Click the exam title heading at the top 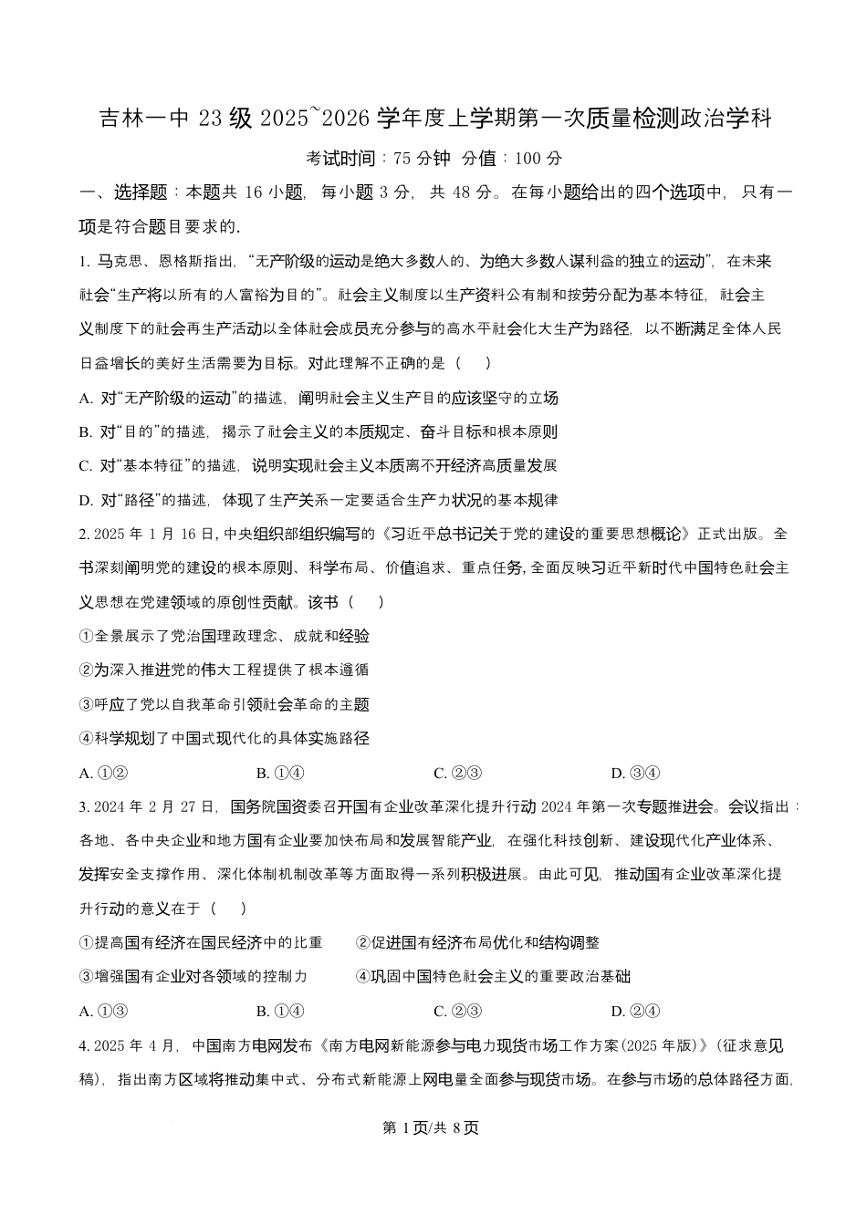434,119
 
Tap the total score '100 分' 538,159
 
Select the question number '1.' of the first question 85,262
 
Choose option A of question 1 319,398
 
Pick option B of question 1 319,432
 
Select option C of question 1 318,466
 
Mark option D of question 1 319,500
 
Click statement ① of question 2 225,636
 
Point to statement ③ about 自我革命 225,704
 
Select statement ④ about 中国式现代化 225,738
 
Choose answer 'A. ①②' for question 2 103,774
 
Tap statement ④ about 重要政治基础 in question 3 493,976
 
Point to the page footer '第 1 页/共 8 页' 433,1127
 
